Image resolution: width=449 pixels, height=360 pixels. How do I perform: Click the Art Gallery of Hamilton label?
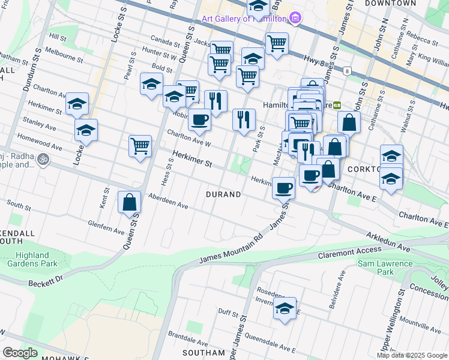243,19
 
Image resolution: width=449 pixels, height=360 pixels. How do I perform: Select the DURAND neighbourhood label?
223,194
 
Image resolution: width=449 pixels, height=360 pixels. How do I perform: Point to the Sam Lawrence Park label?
385,268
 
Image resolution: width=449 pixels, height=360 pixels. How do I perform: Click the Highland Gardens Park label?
32,259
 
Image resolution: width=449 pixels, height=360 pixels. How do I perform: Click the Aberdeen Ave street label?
168,202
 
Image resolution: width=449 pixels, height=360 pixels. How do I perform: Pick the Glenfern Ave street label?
106,227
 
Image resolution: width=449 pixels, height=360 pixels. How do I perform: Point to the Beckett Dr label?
46,280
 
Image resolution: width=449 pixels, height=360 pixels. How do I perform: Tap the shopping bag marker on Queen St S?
130,203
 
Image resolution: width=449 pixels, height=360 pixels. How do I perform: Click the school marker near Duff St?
285,309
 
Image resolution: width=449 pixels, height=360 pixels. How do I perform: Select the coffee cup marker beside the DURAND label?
283,188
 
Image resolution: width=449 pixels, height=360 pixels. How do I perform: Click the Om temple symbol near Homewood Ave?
43,160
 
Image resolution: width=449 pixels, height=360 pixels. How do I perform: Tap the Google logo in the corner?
20,353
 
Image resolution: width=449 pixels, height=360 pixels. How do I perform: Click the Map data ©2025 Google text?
412,355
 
